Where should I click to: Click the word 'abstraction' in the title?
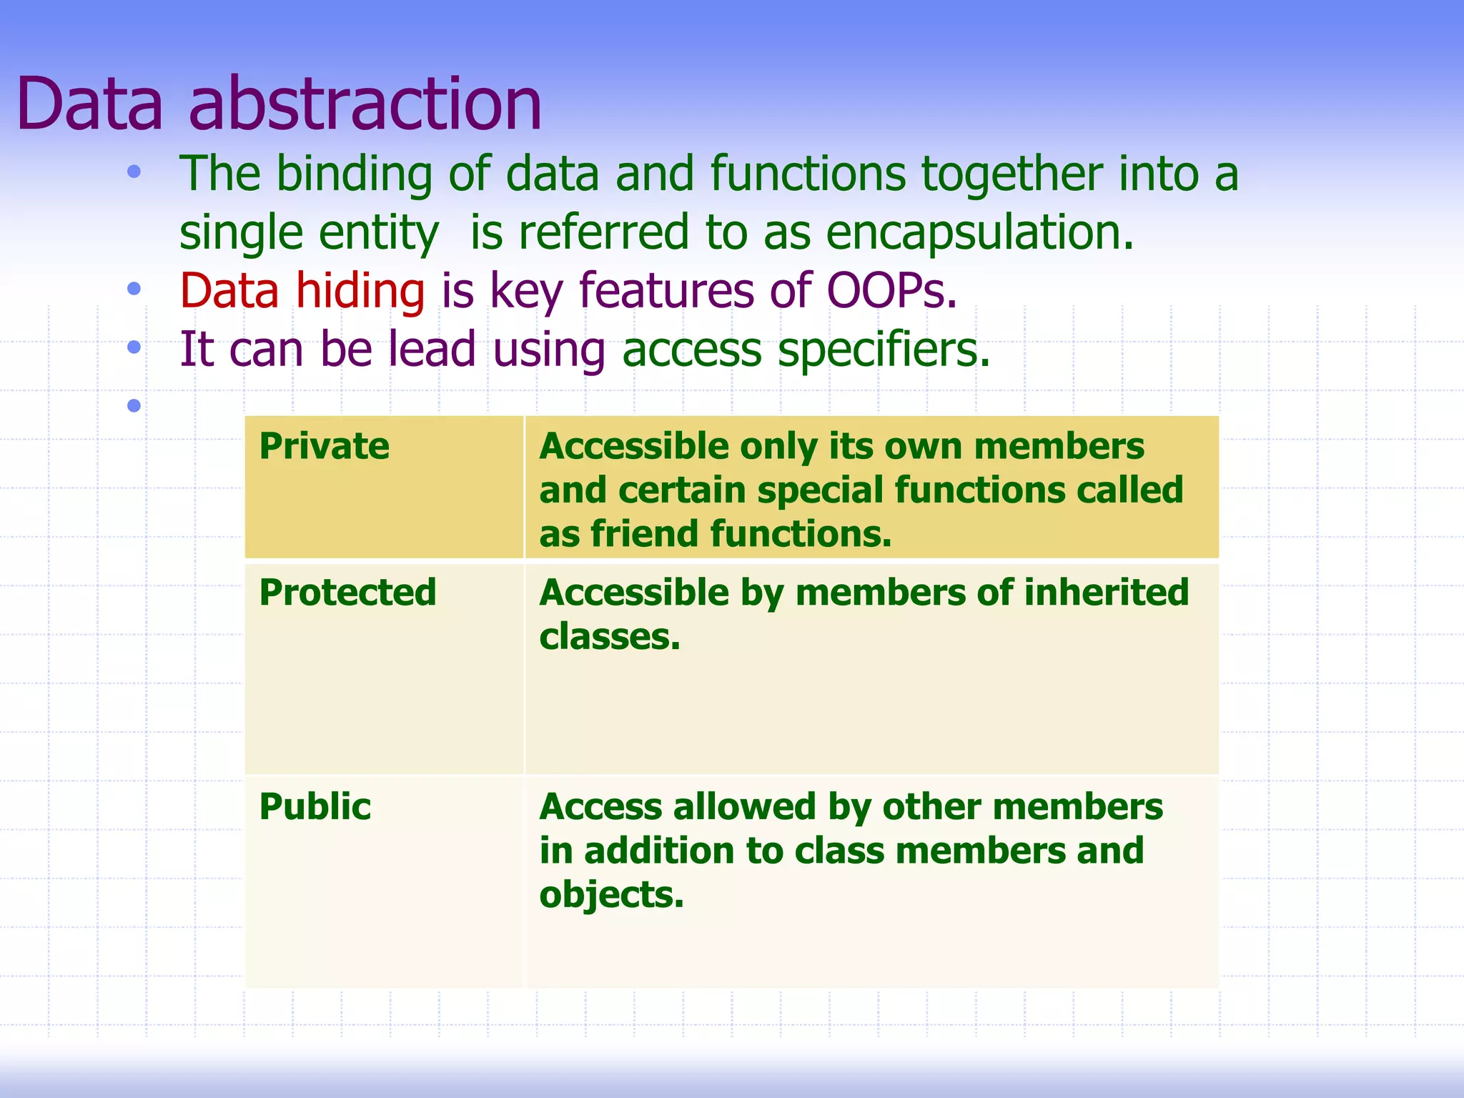coord(365,105)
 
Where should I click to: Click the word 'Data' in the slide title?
coord(90,105)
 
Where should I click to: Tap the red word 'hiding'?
coord(360,292)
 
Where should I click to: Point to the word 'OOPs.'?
coord(891,292)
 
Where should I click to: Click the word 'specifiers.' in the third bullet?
coord(884,350)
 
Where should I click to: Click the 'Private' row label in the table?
coord(324,447)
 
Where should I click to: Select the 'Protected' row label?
coord(347,593)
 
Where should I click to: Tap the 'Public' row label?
coord(315,807)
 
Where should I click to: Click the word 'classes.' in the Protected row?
coord(609,637)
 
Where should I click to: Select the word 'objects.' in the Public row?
coord(611,895)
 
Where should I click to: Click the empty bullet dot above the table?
coord(134,406)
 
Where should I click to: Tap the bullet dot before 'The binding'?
coord(134,172)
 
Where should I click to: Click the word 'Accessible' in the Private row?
coord(633,447)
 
